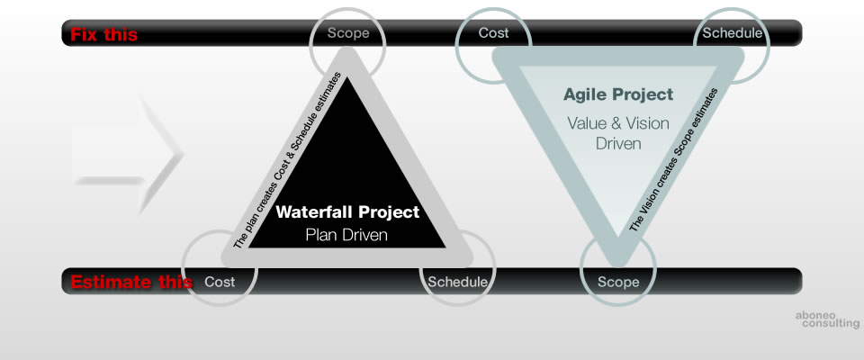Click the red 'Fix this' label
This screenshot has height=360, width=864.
pyautogui.click(x=104, y=35)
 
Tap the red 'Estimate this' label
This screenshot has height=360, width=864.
pyautogui.click(x=131, y=282)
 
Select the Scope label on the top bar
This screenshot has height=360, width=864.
pyautogui.click(x=348, y=33)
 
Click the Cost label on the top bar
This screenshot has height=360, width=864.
pyautogui.click(x=494, y=33)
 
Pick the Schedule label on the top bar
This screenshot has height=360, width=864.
pyautogui.click(x=733, y=33)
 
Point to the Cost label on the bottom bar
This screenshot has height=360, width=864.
pyautogui.click(x=220, y=282)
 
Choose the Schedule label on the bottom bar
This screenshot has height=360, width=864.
pyautogui.click(x=458, y=282)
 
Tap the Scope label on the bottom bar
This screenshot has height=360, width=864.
pyautogui.click(x=619, y=282)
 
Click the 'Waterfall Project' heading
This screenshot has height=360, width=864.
pyautogui.click(x=347, y=211)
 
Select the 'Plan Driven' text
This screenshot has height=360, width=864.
pyautogui.click(x=346, y=235)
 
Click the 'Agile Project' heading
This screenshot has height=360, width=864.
pyautogui.click(x=618, y=94)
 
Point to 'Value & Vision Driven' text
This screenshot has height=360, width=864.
pyautogui.click(x=618, y=133)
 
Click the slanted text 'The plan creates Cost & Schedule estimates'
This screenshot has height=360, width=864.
pyautogui.click(x=288, y=160)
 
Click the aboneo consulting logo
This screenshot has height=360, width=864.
pyautogui.click(x=827, y=319)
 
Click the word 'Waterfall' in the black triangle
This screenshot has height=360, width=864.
pyautogui.click(x=314, y=211)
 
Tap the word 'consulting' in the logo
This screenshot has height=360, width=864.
pyautogui.click(x=831, y=324)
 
